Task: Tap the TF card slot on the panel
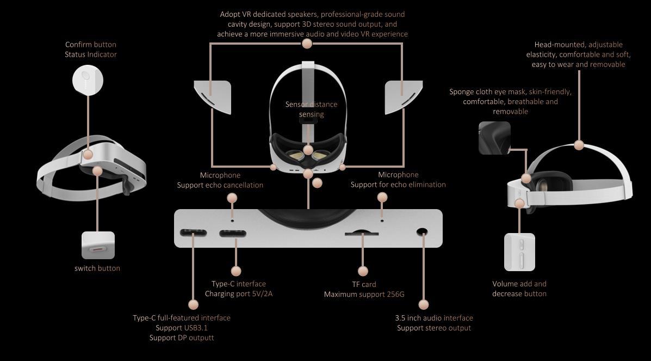[x=362, y=233]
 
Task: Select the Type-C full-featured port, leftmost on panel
[x=193, y=233]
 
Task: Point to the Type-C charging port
[x=233, y=234]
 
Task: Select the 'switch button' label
[x=97, y=268]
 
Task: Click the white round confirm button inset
[x=88, y=80]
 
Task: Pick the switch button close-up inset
[x=98, y=246]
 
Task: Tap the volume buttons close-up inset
[x=519, y=252]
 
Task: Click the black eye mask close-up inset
[x=494, y=138]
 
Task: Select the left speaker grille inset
[x=213, y=97]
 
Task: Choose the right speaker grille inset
[x=404, y=97]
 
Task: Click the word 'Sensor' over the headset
[x=297, y=105]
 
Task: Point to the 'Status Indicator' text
[x=90, y=54]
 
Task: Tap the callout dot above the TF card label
[x=362, y=271]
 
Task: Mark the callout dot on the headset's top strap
[x=579, y=145]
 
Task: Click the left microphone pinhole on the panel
[x=232, y=221]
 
